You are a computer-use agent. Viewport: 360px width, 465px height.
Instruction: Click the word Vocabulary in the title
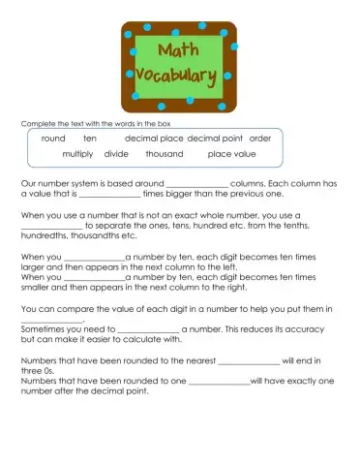pos(179,75)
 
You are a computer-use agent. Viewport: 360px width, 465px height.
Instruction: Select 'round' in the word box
pos(53,139)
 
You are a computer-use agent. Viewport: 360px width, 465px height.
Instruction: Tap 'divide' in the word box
pos(116,154)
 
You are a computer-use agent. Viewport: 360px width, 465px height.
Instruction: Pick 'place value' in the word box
pos(232,154)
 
